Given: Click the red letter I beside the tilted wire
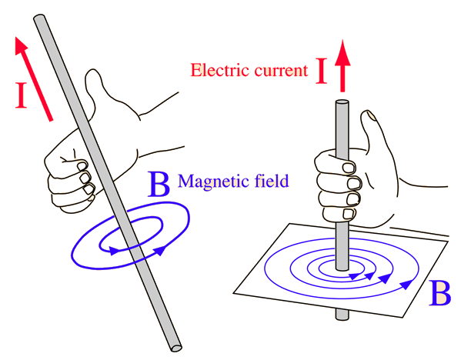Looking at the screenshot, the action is [22, 95].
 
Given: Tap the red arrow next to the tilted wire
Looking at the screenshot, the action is [34, 78].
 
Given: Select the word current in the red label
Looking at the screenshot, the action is [281, 71].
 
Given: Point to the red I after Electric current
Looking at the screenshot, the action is [322, 71].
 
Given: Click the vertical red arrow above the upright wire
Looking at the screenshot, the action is [342, 66].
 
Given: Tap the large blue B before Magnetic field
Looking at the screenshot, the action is [159, 185].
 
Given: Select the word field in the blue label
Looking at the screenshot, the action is [272, 181].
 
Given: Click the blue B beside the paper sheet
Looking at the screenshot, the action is [439, 293].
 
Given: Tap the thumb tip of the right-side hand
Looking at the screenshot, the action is [369, 115].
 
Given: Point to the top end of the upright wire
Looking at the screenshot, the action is [342, 102].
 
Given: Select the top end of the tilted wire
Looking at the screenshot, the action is [39, 18].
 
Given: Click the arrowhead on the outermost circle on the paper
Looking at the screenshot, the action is [406, 284].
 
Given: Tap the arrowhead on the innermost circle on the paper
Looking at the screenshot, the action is [355, 276].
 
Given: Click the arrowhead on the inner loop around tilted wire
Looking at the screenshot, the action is [115, 251].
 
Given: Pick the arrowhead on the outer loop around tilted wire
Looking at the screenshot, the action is [159, 250].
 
